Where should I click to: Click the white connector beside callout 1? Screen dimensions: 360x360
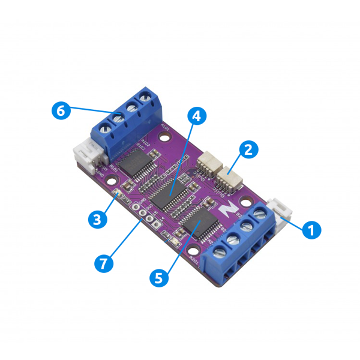[279, 209]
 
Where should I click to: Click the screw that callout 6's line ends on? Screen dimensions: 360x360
[118, 120]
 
